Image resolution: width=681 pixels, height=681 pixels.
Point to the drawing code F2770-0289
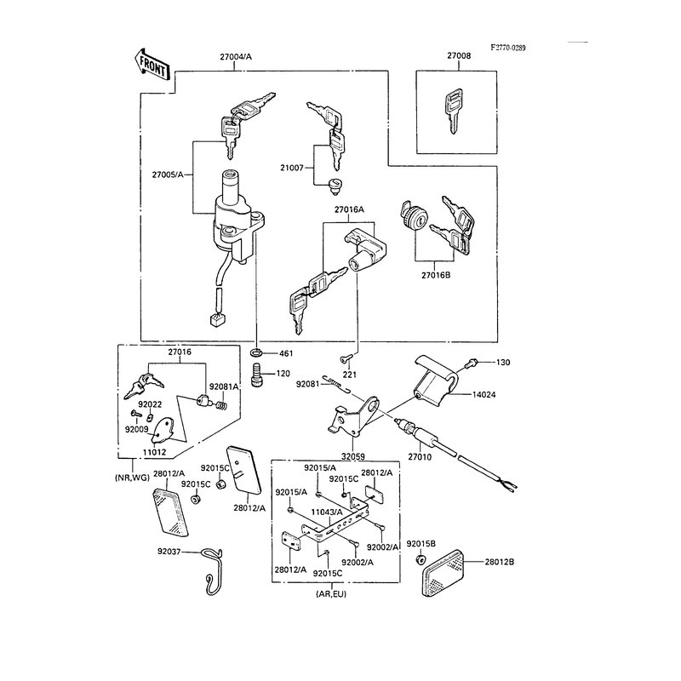(x=507, y=48)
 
